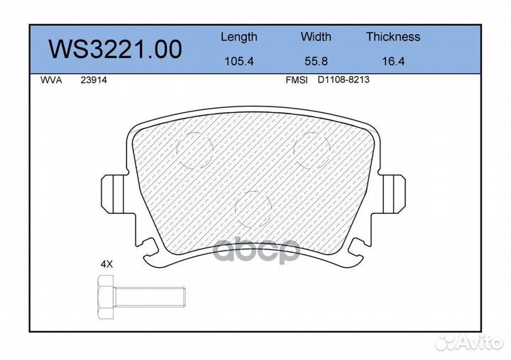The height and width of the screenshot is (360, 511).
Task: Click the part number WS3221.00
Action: click(115, 49)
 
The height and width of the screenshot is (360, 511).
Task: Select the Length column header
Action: click(239, 37)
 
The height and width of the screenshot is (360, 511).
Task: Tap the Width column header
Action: click(316, 36)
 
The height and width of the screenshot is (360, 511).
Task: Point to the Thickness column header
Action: click(393, 36)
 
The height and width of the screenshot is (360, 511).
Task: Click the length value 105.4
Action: click(239, 61)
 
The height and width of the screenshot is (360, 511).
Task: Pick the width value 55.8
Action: click(316, 61)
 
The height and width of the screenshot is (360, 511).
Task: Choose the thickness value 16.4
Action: click(393, 61)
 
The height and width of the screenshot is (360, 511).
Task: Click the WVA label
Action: click(51, 80)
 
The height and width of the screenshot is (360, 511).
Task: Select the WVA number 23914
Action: click(94, 80)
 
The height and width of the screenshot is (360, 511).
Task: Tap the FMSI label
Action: click(296, 80)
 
